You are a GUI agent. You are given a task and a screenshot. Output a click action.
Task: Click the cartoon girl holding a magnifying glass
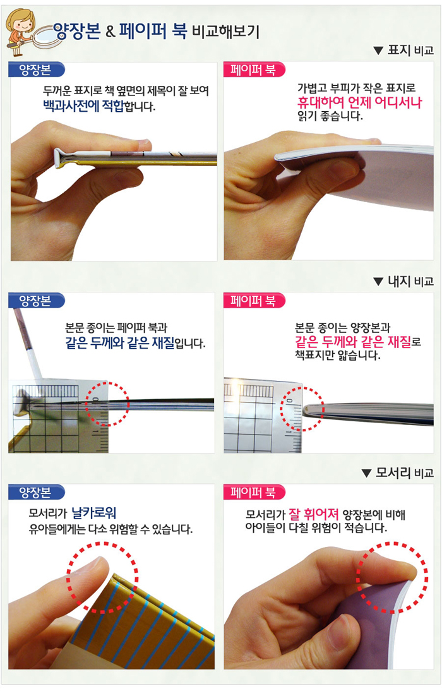pyautogui.click(x=20, y=32)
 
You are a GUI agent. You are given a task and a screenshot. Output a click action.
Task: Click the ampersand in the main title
pyautogui.click(x=110, y=32)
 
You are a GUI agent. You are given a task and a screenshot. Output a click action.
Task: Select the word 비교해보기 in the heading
pyautogui.click(x=225, y=32)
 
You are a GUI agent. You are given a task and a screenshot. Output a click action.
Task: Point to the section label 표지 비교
pyautogui.click(x=410, y=51)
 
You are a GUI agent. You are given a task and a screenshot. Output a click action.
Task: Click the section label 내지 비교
pyautogui.click(x=410, y=281)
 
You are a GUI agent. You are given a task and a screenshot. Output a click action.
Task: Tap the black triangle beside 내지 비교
pyautogui.click(x=378, y=282)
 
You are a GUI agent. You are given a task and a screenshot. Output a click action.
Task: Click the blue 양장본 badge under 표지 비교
pyautogui.click(x=36, y=69)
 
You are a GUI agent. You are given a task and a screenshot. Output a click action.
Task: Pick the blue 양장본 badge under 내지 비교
pyautogui.click(x=36, y=301)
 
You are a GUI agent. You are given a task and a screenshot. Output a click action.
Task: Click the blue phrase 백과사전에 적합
pyautogui.click(x=83, y=106)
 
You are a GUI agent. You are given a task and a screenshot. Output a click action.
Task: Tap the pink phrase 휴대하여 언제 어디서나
pyautogui.click(x=359, y=103)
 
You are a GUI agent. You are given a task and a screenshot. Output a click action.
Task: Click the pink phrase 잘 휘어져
pyautogui.click(x=313, y=514)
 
